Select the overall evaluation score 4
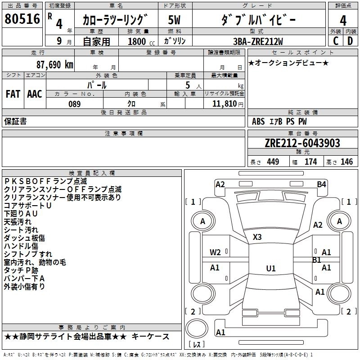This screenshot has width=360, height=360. [343, 21]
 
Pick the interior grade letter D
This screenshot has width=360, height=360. [350, 41]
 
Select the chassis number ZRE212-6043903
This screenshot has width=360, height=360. [302, 144]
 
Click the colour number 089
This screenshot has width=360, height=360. [74, 104]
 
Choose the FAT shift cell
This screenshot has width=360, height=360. [13, 94]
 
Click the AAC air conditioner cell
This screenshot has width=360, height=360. [35, 94]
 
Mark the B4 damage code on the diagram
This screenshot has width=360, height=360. [321, 184]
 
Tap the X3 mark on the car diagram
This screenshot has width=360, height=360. [257, 237]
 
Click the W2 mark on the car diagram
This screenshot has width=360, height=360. [215, 252]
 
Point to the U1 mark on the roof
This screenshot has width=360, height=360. [270, 269]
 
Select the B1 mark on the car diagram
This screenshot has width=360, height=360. [317, 260]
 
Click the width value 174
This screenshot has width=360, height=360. [310, 162]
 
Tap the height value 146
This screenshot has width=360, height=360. [346, 162]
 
